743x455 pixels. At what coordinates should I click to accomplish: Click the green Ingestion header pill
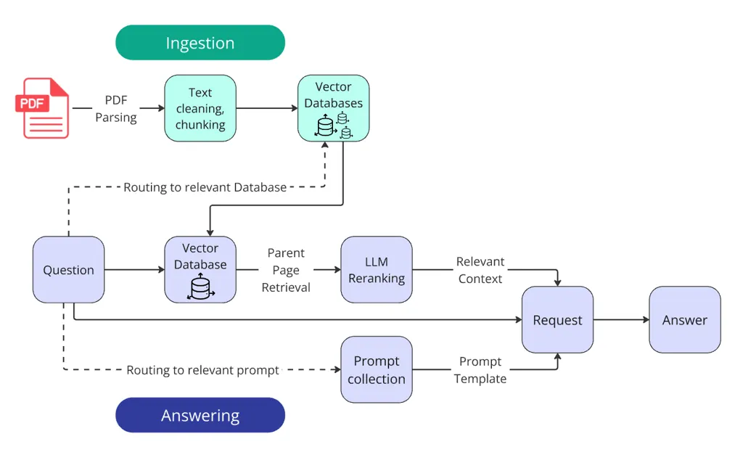tap(200, 43)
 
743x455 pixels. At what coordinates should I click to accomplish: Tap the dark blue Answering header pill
tap(200, 415)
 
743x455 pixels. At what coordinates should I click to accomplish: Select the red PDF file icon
tap(43, 108)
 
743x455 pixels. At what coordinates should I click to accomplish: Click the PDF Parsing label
tap(116, 108)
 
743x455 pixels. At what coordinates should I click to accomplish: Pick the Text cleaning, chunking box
tap(200, 108)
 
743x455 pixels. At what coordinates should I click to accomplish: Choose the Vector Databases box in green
tap(333, 108)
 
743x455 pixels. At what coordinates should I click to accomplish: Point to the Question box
tap(68, 270)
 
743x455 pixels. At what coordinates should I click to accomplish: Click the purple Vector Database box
tap(200, 269)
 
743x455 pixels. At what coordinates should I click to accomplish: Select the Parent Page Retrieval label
tap(286, 270)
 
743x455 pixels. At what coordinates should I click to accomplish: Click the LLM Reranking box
tap(377, 270)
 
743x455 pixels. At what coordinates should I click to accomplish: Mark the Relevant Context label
tap(480, 270)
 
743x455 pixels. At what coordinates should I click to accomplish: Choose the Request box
tap(557, 320)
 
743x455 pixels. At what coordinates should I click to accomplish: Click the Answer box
tap(684, 320)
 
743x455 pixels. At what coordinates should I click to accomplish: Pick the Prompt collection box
tap(377, 369)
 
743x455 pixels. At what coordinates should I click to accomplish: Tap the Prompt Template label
tap(480, 369)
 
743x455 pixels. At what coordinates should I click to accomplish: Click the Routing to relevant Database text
tap(205, 187)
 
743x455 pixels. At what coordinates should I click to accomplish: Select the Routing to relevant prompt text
tap(202, 370)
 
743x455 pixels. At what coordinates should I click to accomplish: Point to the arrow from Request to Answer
tap(621, 320)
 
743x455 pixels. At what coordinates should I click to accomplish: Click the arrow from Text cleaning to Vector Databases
tap(266, 108)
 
